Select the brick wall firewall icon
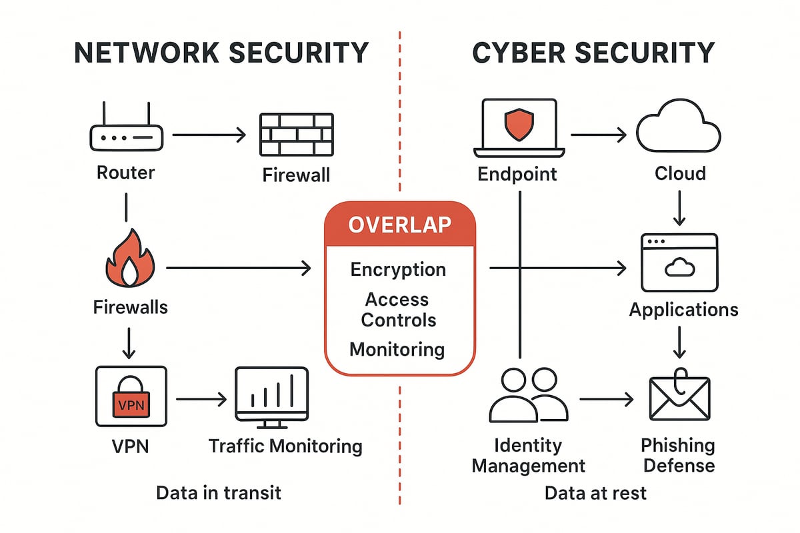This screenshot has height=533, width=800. coord(295,133)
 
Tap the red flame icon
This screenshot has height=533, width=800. coord(130,261)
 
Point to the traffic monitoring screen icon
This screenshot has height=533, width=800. coord(272,398)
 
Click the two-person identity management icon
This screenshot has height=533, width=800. coord(528,396)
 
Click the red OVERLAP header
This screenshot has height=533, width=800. coord(399,225)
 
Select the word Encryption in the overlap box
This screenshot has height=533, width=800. coord(398,270)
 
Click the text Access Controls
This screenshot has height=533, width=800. coord(398,310)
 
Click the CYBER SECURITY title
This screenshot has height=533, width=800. coord(593,53)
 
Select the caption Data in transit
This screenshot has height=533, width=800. coord(219,493)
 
